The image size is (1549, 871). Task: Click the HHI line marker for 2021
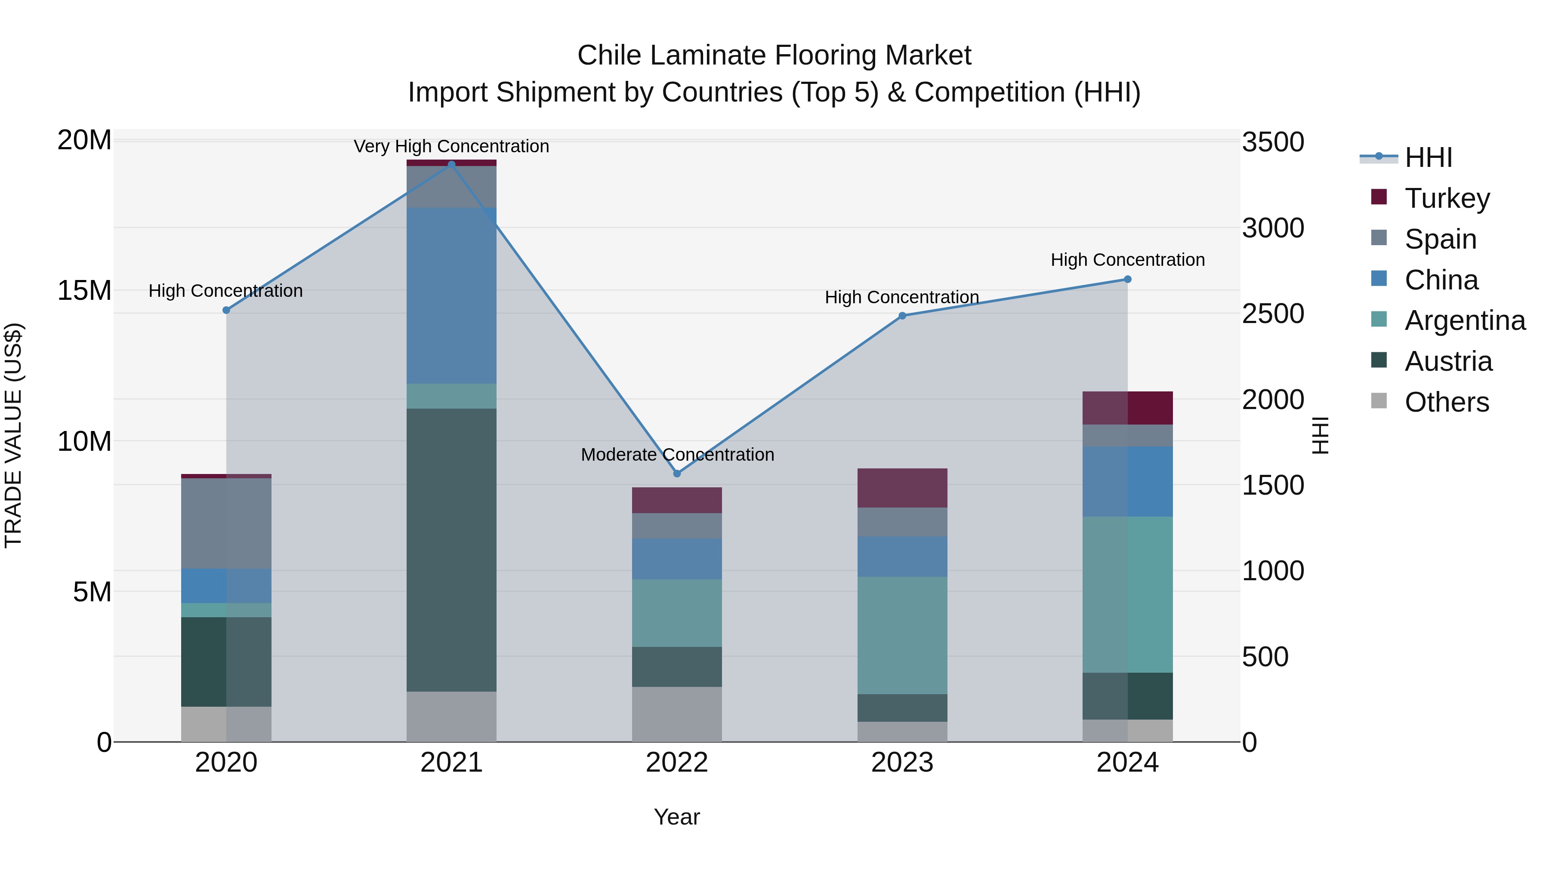click(452, 164)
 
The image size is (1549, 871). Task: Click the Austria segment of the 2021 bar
click(452, 550)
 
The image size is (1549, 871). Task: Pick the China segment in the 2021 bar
click(452, 296)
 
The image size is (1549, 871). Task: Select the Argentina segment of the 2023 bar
click(902, 635)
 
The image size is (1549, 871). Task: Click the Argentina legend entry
click(1465, 320)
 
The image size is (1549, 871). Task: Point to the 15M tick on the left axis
click(84, 291)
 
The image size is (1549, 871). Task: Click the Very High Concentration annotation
click(452, 147)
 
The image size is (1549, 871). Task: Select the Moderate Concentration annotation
click(677, 455)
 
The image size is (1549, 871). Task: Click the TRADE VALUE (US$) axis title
click(14, 435)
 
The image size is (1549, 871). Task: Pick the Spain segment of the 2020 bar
click(226, 523)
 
